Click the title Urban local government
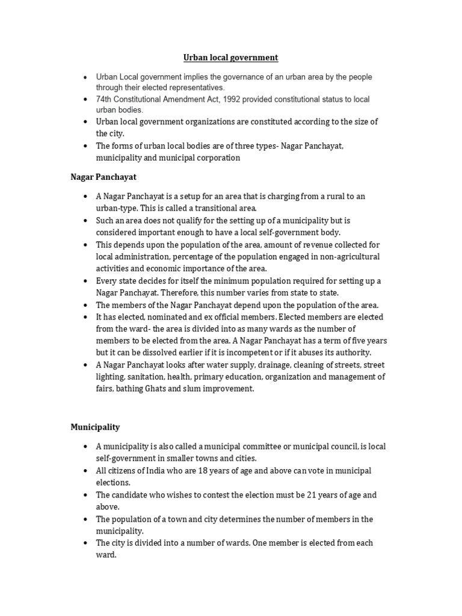point(230,58)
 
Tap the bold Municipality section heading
point(95,427)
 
